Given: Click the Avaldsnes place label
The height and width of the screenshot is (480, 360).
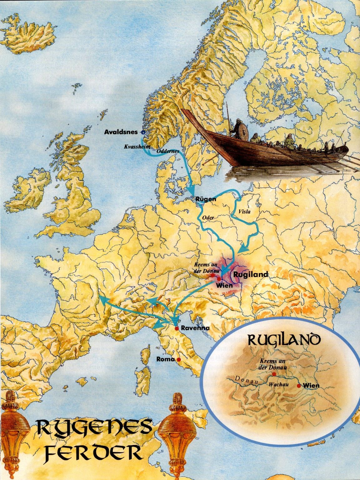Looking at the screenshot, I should [121, 132].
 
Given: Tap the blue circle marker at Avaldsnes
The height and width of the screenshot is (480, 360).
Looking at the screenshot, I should [143, 132].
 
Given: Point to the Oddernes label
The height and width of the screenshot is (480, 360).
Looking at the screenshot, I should [168, 151].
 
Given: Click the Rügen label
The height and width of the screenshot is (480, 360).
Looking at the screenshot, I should [206, 199].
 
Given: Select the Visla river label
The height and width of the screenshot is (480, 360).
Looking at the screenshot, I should [244, 212].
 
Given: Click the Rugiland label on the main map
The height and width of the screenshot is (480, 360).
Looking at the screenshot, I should [251, 274].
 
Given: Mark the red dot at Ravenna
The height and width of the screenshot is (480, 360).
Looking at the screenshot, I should [176, 328].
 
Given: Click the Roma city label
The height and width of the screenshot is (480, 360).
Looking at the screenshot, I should [165, 359].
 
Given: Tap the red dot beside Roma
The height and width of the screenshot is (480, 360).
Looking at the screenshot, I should [178, 360].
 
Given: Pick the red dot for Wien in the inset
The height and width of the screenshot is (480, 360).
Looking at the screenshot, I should [299, 386].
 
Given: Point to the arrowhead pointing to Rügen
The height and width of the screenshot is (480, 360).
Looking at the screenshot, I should [192, 190].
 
